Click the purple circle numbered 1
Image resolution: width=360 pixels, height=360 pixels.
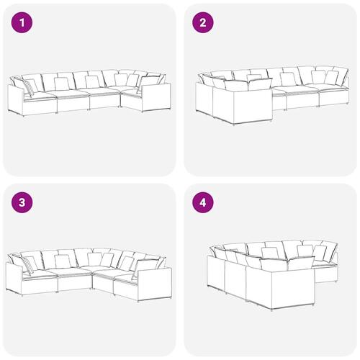click(x=22, y=23)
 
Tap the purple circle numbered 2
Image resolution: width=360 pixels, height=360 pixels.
click(x=203, y=23)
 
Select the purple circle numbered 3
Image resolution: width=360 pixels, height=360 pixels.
click(x=22, y=203)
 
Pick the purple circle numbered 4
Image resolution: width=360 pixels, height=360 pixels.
click(x=203, y=203)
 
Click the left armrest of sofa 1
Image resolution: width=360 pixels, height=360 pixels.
click(x=16, y=99)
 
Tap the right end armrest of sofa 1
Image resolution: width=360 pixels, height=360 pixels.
click(x=156, y=97)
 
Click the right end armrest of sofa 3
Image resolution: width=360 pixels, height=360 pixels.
click(x=155, y=284)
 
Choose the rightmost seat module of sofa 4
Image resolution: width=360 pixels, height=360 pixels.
click(x=326, y=271)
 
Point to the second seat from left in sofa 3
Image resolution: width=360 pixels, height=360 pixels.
click(x=74, y=279)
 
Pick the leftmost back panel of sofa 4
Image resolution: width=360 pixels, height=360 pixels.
click(x=216, y=274)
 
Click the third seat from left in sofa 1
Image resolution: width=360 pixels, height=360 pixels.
click(x=104, y=99)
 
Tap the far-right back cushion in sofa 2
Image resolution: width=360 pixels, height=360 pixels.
click(x=339, y=75)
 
